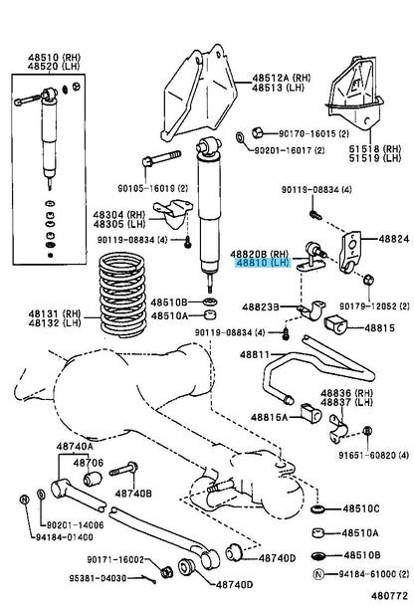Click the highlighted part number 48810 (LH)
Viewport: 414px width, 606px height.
pyautogui.click(x=262, y=265)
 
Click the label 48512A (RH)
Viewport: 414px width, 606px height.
pyautogui.click(x=279, y=76)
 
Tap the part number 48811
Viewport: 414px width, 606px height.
pyautogui.click(x=255, y=354)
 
